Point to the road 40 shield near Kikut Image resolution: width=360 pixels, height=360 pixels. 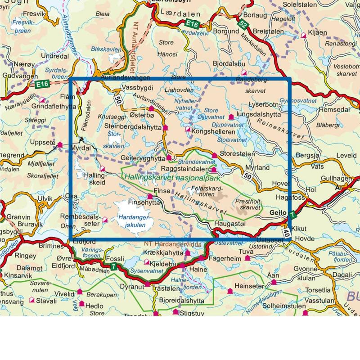(286, 232)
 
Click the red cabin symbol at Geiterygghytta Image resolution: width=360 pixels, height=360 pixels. (169, 157)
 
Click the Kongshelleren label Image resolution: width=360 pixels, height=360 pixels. (213, 132)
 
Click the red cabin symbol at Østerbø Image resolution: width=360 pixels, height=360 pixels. (151, 108)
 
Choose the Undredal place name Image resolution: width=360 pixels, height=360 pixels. (54, 56)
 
